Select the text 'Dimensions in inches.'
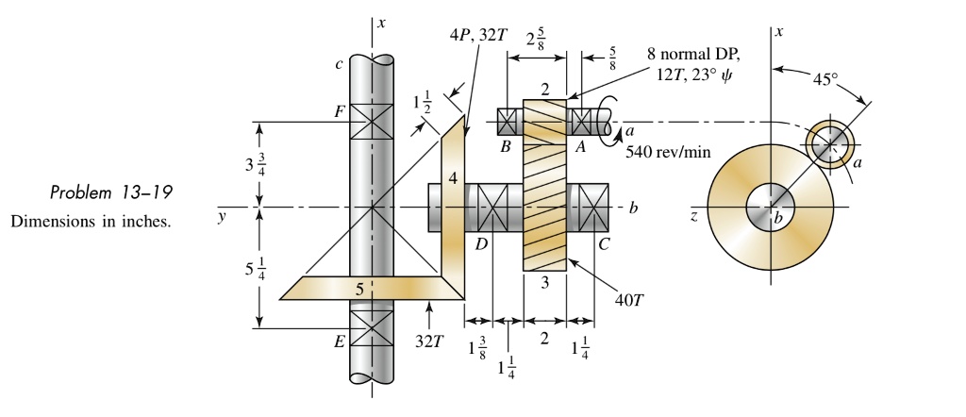pos(91,223)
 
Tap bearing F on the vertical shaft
pos(372,123)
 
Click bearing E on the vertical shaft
pos(372,329)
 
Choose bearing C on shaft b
pos(594,205)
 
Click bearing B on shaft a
pos(509,123)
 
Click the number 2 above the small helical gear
pos(545,90)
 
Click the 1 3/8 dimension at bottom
pos(480,348)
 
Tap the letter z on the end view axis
pos(694,216)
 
